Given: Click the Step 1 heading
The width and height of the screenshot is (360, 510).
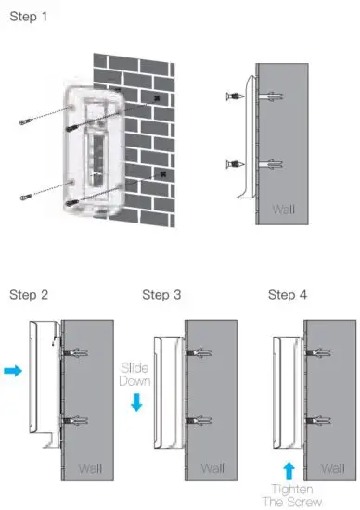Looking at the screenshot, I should click(x=29, y=18).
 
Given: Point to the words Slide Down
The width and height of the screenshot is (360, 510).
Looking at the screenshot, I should click(x=135, y=375).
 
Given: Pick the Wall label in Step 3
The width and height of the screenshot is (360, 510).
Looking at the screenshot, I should click(x=212, y=467).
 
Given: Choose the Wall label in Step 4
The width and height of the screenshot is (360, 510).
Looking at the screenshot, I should click(x=333, y=467).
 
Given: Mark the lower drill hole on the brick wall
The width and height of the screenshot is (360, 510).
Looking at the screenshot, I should click(x=163, y=172).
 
